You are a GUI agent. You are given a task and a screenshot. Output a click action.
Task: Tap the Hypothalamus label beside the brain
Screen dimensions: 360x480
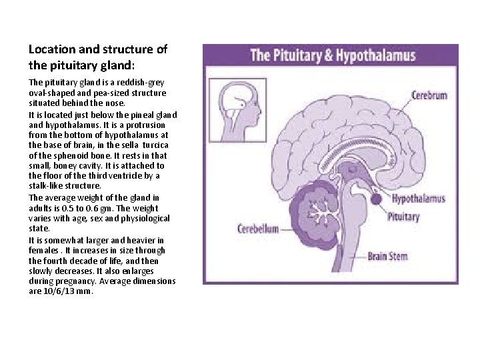[x=418, y=199]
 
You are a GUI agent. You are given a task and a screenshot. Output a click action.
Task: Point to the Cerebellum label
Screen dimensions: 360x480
[x=258, y=228]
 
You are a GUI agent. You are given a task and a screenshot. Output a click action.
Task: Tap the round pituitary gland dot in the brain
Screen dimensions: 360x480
[x=375, y=198]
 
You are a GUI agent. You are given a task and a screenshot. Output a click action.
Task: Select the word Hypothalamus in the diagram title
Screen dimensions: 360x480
[x=375, y=56]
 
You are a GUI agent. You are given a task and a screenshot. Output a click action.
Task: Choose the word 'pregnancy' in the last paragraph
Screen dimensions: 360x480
[x=81, y=281]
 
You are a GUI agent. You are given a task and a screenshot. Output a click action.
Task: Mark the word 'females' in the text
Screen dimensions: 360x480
[x=43, y=250]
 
